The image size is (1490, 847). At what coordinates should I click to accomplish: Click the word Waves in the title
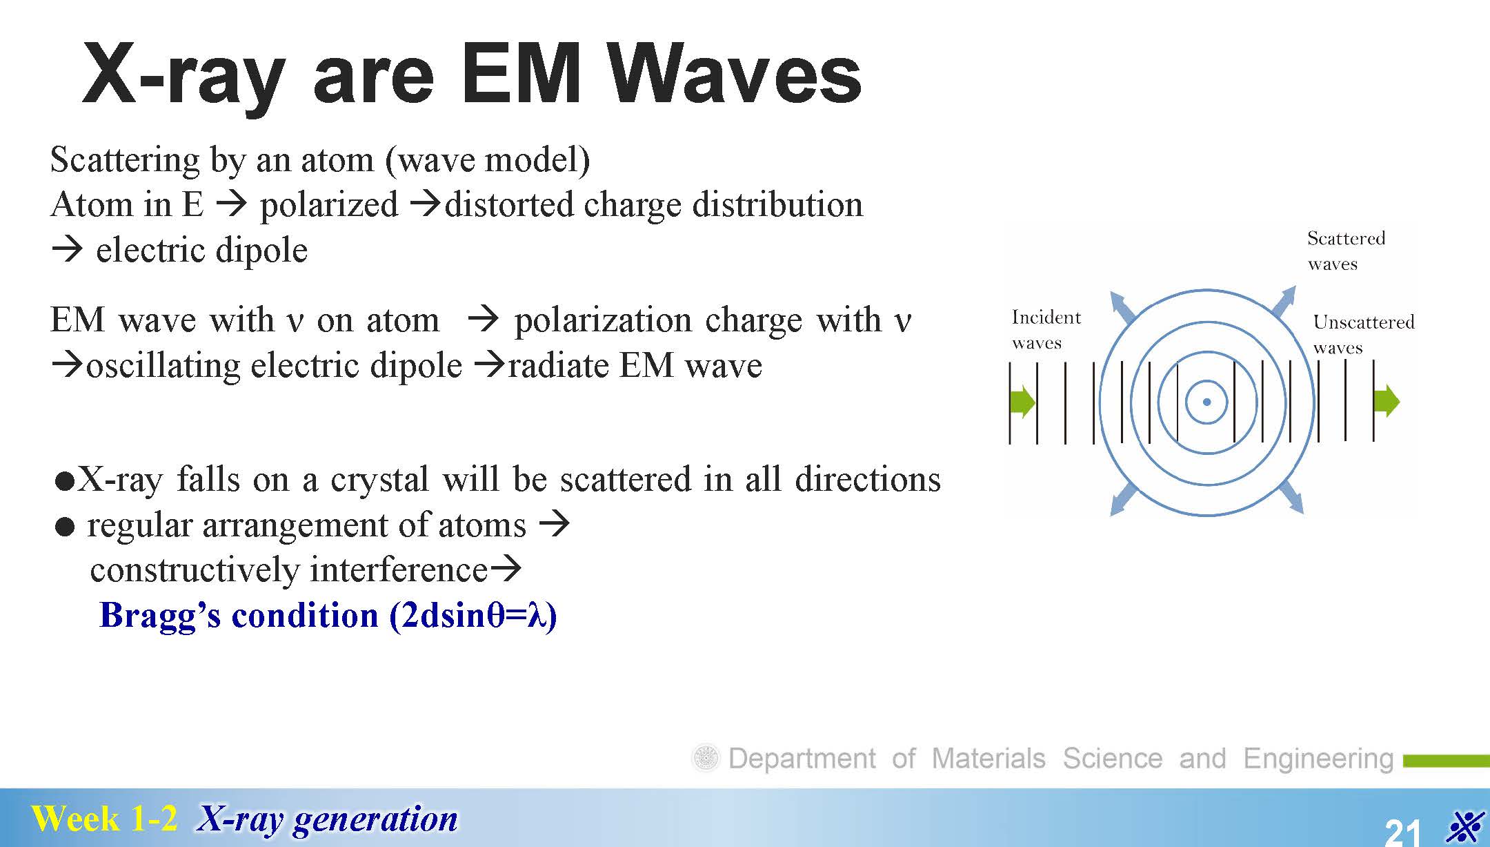(735, 75)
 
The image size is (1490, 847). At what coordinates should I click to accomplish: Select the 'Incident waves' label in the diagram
(1046, 329)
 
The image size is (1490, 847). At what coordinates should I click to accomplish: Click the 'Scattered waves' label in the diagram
(1346, 251)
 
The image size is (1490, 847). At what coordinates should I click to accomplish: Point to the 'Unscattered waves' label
(1363, 334)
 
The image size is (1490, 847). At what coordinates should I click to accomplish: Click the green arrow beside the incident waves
(1023, 401)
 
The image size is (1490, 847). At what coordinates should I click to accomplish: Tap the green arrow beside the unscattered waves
(1387, 401)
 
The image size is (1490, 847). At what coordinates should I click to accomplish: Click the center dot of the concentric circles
(1206, 402)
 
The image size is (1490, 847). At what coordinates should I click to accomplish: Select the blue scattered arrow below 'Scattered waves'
(1284, 302)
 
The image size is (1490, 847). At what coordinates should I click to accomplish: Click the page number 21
(1403, 831)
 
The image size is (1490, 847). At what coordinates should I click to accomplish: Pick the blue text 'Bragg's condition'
(239, 615)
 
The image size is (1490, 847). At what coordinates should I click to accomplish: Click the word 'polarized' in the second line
(329, 205)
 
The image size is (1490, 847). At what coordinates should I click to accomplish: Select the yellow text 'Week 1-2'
(104, 819)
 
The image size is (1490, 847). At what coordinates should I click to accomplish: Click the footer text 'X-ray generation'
(327, 819)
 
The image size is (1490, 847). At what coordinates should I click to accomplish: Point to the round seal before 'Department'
(706, 758)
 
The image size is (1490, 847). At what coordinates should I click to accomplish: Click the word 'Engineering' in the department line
(1318, 759)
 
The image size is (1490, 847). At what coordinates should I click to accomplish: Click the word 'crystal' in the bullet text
(379, 480)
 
